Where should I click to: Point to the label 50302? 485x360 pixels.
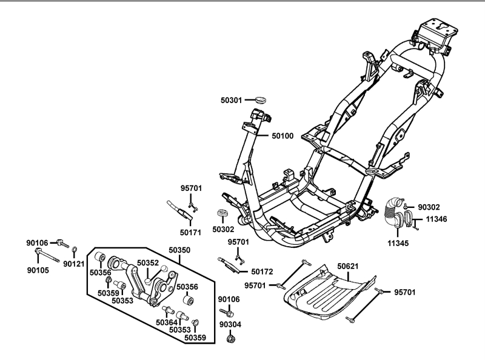point(223,230)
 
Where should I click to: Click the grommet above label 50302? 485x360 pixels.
point(222,215)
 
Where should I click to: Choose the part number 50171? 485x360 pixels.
point(192,232)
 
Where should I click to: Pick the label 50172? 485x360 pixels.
point(262,272)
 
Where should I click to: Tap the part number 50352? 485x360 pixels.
point(147,263)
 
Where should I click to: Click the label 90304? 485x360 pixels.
point(230,324)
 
